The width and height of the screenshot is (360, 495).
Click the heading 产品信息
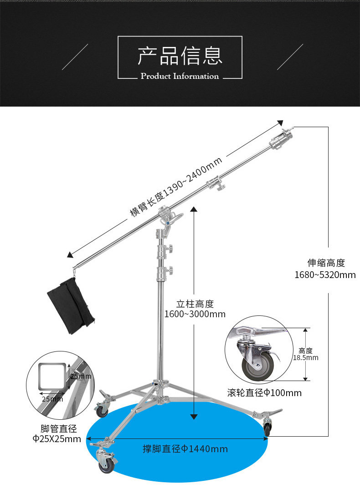180,56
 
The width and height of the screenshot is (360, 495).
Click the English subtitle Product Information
180,76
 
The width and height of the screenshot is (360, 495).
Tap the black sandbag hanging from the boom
71,304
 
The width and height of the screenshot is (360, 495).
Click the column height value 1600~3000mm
195,314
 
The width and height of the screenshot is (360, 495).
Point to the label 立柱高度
195,304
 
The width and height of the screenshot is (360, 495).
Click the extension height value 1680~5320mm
325,274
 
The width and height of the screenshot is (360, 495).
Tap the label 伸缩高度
326,263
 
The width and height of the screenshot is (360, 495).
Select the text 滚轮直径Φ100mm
264,392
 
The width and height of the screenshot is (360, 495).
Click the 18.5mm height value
306,358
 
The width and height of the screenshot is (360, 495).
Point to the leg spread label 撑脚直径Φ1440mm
185,449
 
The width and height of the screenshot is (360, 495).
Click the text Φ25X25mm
57,439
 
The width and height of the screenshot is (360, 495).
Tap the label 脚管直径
58,428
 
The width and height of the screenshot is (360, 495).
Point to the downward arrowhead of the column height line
194,417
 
